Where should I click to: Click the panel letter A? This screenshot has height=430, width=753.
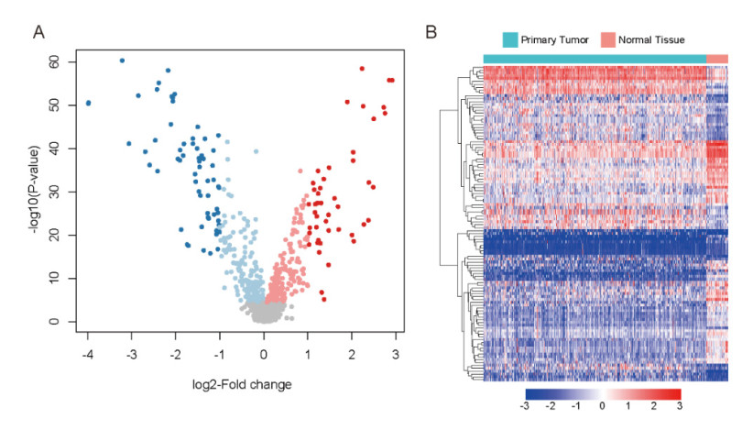click(x=38, y=34)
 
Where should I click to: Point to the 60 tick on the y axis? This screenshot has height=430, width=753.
click(x=57, y=61)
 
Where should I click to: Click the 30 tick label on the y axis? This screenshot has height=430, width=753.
click(x=57, y=192)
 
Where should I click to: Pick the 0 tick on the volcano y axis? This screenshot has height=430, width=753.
click(x=60, y=322)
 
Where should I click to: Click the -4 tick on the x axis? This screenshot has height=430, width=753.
click(x=86, y=350)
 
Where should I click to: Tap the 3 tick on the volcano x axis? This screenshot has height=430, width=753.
click(x=396, y=350)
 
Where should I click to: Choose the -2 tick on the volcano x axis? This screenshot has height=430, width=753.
click(x=174, y=350)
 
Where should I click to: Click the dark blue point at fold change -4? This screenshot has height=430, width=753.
click(x=88, y=103)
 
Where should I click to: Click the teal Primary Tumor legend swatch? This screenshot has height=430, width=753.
click(x=509, y=39)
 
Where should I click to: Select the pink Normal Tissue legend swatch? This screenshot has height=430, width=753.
click(x=607, y=39)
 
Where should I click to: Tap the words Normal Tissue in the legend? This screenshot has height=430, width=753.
click(x=652, y=39)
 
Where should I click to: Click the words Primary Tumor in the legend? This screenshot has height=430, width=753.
click(x=553, y=39)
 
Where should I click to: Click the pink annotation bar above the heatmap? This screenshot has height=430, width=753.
click(x=717, y=59)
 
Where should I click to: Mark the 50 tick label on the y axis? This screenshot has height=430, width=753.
click(x=57, y=105)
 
